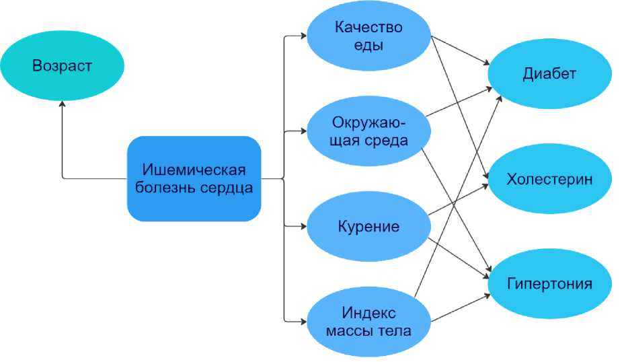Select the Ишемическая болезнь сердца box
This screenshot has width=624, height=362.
pyautogui.click(x=194, y=178)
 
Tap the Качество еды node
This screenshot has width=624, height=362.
pyautogui.click(x=368, y=37)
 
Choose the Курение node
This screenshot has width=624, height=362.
pyautogui.click(x=368, y=226)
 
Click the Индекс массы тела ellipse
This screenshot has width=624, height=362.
pyautogui.click(x=368, y=322)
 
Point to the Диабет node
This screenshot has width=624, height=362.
pyautogui.click(x=549, y=74)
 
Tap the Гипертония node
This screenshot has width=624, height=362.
pyautogui.click(x=549, y=283)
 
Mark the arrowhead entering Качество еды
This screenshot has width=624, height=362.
pyautogui.click(x=303, y=37)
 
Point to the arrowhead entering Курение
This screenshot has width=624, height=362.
pyautogui.click(x=303, y=226)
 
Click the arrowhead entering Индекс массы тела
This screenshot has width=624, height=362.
pyautogui.click(x=303, y=322)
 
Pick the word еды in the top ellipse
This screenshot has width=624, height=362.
pyautogui.click(x=368, y=46)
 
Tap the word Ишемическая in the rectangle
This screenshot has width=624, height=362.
pyautogui.click(x=194, y=169)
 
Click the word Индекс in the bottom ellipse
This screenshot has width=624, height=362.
pyautogui.click(x=368, y=313)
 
